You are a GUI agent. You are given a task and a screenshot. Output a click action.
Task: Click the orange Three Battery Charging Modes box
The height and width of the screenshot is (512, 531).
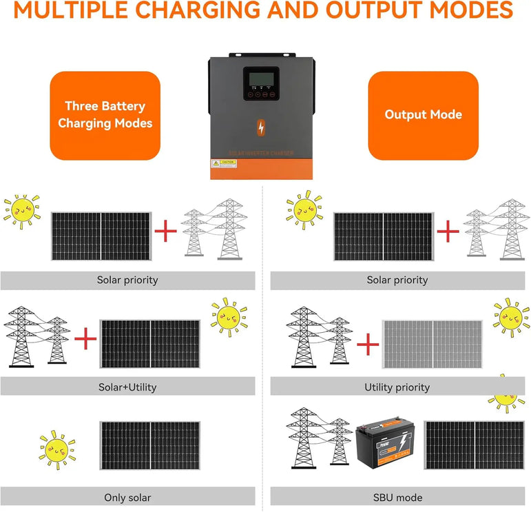pos(105,115)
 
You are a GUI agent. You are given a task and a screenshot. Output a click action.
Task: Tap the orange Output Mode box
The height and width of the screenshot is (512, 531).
pos(423,115)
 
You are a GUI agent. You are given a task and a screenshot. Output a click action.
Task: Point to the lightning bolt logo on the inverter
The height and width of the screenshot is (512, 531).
pos(261,128)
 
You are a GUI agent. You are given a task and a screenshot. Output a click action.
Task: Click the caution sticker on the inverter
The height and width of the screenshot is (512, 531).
pos(224,164)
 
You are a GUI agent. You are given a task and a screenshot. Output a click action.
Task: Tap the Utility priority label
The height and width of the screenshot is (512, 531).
pos(397,387)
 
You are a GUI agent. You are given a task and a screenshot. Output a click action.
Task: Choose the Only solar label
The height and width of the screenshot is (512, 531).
pos(127,497)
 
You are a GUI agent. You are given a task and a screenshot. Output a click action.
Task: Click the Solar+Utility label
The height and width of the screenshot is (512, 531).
pos(127,387)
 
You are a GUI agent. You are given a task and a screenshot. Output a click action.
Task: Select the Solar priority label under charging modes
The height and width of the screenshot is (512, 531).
pos(127,280)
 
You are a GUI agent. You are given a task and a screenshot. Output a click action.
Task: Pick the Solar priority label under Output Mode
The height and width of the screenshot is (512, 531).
pos(397,280)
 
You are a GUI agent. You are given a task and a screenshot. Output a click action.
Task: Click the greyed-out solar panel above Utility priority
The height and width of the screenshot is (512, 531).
pos(432,343)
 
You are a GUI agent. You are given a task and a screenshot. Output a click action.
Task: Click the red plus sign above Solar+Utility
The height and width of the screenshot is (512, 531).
pos(85,339)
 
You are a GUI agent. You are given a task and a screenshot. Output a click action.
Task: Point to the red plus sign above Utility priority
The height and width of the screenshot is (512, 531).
pos(368,342)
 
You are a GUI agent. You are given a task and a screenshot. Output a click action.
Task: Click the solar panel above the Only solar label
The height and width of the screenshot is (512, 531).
pos(150,445)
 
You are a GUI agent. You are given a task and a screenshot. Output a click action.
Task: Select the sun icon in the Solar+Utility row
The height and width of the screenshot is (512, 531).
pos(229,317)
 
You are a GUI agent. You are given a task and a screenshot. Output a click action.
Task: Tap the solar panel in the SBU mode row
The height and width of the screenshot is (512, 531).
pos(474,445)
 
